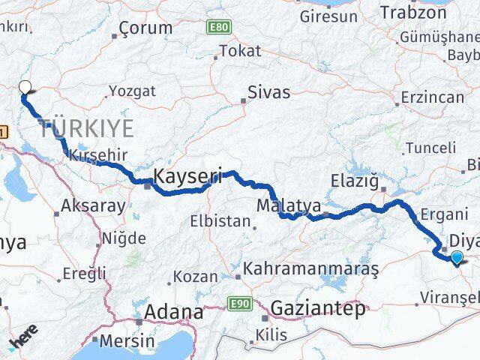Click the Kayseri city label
point(188,177)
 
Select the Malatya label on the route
point(289,205)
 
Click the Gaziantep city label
point(319,308)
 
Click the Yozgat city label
point(132,91)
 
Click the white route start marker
point(25,87)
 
